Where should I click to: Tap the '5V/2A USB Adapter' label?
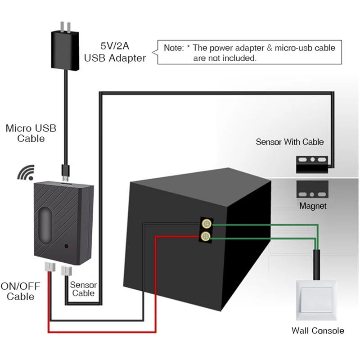pyautogui.click(x=115, y=52)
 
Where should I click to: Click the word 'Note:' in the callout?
pyautogui.click(x=173, y=48)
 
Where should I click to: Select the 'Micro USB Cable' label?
pyautogui.click(x=31, y=133)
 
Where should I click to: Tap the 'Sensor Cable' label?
pyautogui.click(x=83, y=289)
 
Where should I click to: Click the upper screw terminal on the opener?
pyautogui.click(x=207, y=224)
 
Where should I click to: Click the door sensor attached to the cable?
pyautogui.click(x=311, y=163)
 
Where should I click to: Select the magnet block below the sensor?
pyautogui.click(x=311, y=191)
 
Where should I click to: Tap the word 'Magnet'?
pyautogui.click(x=313, y=207)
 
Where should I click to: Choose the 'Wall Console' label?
pyautogui.click(x=318, y=331)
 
